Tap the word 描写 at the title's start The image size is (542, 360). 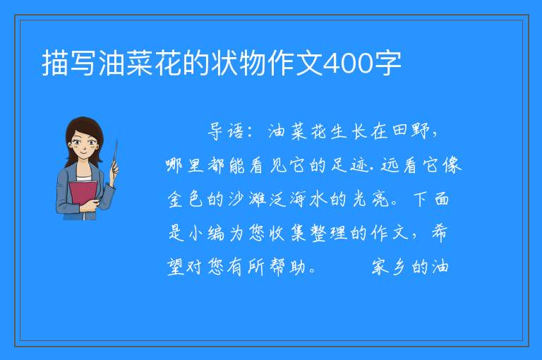click(x=69, y=64)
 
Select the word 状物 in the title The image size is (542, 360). click(x=238, y=64)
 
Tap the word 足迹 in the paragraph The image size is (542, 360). click(x=350, y=165)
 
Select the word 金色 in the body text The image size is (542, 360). click(x=186, y=199)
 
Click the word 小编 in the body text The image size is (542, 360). click(x=206, y=233)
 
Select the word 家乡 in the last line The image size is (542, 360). click(x=389, y=267)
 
